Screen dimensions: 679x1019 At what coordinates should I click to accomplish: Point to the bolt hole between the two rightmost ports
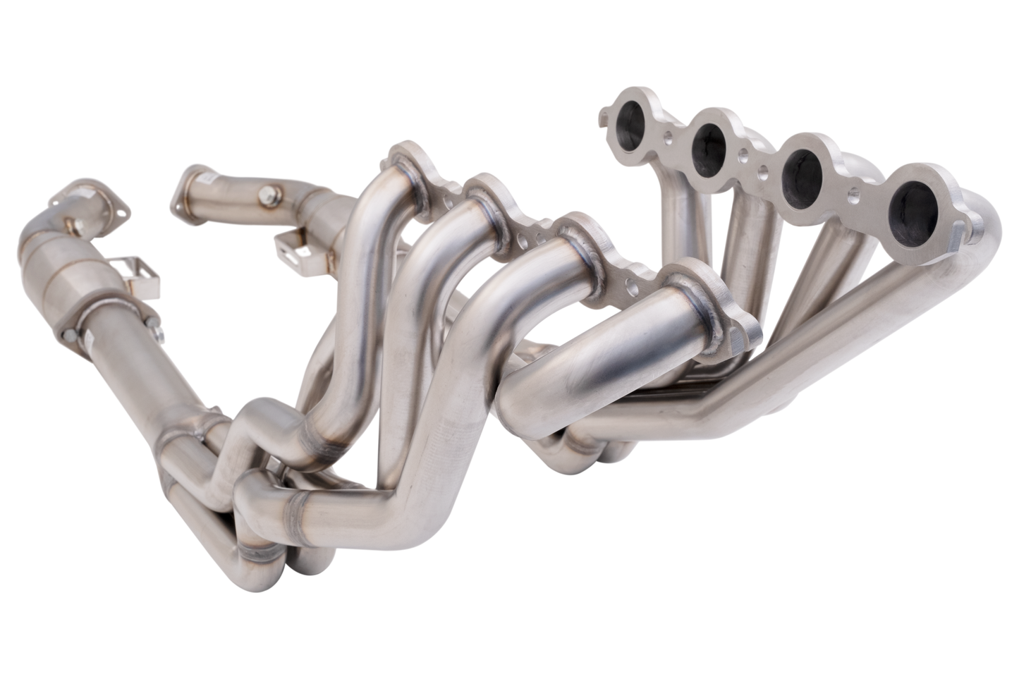coord(856,190)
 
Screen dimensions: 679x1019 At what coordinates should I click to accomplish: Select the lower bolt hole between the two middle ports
coord(760,170)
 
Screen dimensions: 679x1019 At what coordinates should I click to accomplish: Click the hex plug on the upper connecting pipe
coord(269,192)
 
